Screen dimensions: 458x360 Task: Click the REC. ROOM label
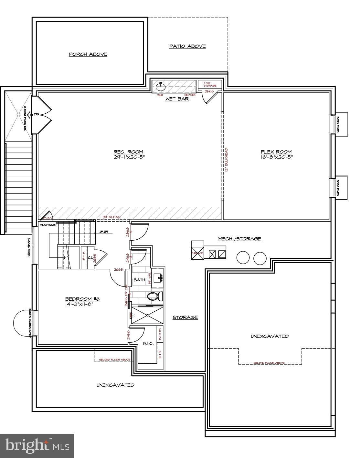click(x=128, y=152)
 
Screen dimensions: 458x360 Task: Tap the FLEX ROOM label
click(x=276, y=152)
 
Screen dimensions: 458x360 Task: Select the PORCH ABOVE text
click(x=88, y=54)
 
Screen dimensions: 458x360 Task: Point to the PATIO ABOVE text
click(x=187, y=46)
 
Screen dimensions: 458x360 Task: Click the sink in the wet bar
click(x=160, y=87)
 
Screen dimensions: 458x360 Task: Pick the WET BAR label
click(x=177, y=99)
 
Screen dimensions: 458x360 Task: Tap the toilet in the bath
click(x=152, y=296)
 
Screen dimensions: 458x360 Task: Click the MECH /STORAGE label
click(x=239, y=239)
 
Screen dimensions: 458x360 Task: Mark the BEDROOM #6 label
click(x=82, y=299)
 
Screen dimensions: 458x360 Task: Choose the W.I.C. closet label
click(x=148, y=344)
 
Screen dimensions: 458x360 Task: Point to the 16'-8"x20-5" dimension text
click(x=276, y=158)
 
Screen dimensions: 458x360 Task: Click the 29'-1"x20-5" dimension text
click(x=128, y=158)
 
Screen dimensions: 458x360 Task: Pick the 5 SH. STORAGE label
click(x=210, y=84)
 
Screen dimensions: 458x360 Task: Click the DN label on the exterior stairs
click(x=37, y=114)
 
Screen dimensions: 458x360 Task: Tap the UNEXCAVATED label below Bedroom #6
click(x=115, y=385)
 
